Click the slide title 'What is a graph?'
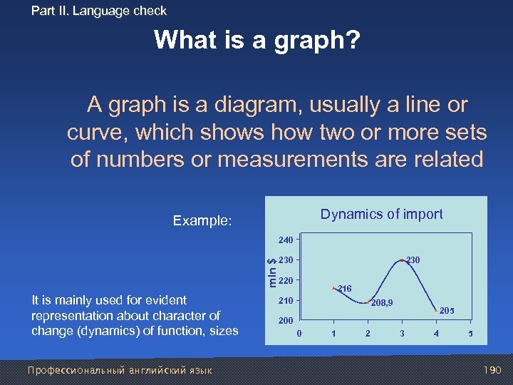(x=257, y=40)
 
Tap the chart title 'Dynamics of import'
(x=381, y=214)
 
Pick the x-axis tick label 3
(x=402, y=334)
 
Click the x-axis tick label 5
(x=470, y=334)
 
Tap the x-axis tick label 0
(x=299, y=334)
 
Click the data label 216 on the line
(x=346, y=289)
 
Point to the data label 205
(x=447, y=312)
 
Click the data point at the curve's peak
(x=402, y=260)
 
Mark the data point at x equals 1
(x=333, y=288)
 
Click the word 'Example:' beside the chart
(x=202, y=221)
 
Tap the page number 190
(x=492, y=370)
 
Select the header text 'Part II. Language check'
(x=99, y=11)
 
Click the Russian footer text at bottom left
(x=119, y=370)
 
